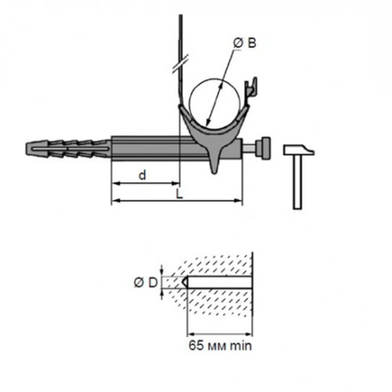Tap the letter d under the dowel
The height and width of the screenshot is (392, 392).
point(142,174)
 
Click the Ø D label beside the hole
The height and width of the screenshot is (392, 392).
point(147,282)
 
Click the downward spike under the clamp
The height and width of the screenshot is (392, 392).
point(214,165)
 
